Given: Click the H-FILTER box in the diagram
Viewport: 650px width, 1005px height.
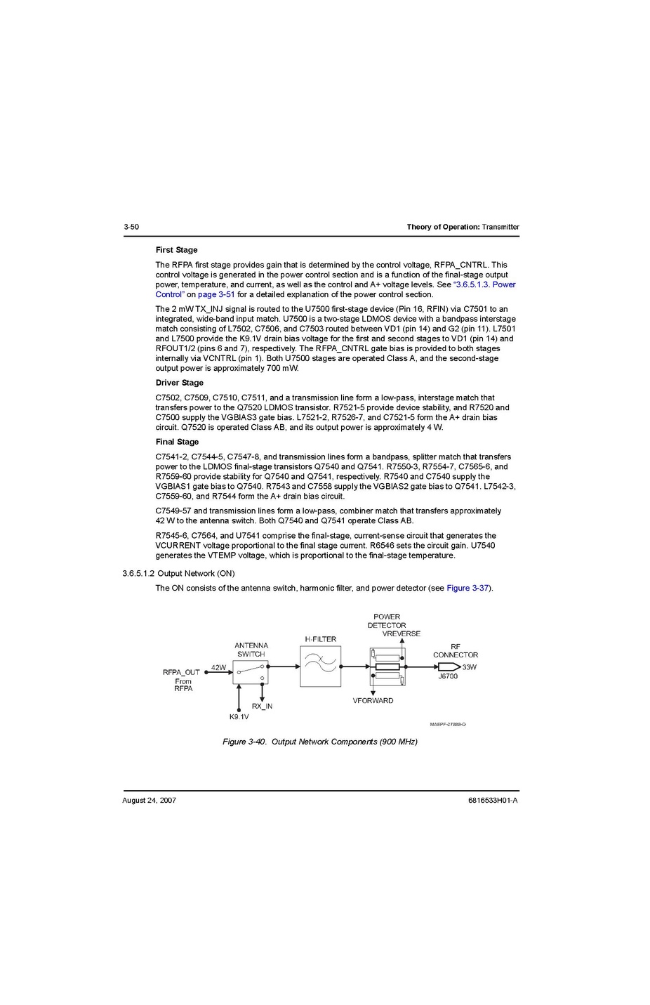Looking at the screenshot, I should [320, 666].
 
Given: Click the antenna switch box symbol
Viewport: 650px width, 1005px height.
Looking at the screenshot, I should [251, 673].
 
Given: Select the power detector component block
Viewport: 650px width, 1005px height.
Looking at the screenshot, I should [387, 666].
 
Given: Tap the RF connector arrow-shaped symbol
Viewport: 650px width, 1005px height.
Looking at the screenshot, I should [449, 666].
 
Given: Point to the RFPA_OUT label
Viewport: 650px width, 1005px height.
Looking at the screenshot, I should [181, 672].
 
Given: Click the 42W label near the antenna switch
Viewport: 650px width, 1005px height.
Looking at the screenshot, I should [218, 667].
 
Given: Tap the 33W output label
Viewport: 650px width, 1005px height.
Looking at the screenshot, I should [469, 667].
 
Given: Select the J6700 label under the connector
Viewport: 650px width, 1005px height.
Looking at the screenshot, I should [448, 676].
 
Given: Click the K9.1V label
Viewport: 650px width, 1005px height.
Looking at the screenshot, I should [239, 717].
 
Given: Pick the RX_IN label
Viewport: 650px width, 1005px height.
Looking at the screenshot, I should [262, 706].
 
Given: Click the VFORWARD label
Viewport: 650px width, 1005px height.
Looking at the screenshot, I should [373, 700].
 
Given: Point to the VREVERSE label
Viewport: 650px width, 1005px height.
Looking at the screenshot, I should [402, 633].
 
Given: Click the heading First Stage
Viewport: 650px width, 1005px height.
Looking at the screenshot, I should [176, 250].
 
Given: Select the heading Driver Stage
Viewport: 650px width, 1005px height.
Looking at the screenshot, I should [179, 383].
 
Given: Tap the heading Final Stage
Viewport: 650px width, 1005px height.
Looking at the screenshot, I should [177, 442].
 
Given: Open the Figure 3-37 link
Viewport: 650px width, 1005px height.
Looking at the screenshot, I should [467, 588].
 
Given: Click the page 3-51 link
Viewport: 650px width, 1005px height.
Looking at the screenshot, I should [216, 294].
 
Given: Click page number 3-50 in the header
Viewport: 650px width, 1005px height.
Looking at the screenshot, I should [131, 227].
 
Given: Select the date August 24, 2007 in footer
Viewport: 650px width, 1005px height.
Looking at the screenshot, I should [149, 800].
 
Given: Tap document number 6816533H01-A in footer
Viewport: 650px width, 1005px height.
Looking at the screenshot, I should [493, 800].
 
